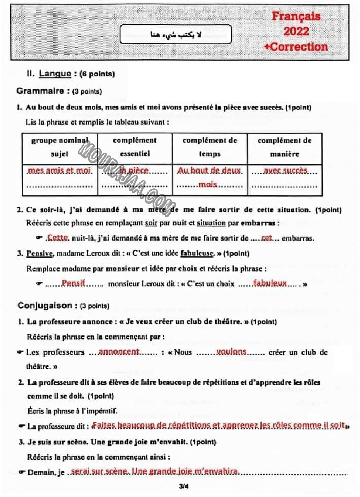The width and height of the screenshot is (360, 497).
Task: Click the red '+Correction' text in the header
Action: tap(296, 47)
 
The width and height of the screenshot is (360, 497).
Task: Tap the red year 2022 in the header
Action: tap(296, 32)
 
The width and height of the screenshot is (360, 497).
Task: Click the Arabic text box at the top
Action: tap(176, 35)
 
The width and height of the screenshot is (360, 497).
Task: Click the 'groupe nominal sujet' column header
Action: tap(60, 147)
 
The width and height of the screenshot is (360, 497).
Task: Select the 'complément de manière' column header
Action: tap(284, 147)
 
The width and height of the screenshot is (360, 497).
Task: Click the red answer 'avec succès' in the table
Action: tap(285, 171)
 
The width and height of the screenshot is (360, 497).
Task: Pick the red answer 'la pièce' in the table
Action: tap(134, 171)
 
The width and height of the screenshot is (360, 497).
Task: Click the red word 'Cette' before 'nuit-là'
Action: tap(57, 238)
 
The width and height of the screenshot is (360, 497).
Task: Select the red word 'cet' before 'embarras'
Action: tap(266, 238)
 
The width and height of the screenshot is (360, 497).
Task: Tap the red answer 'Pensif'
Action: tap(73, 283)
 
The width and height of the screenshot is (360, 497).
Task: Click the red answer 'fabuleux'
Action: tap(270, 283)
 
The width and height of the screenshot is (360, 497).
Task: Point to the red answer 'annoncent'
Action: tap(119, 352)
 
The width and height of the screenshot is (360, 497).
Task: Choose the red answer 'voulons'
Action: tap(231, 352)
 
